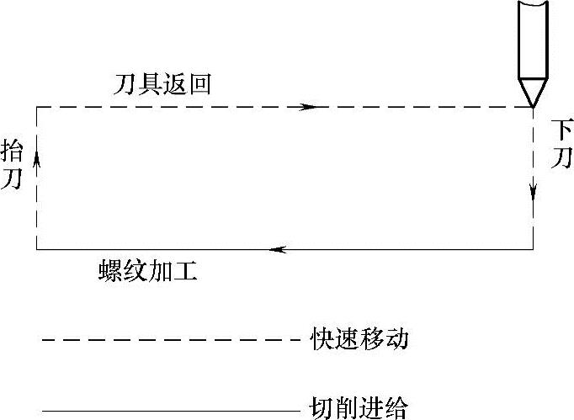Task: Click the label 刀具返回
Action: coord(162,85)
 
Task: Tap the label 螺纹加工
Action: coord(147,273)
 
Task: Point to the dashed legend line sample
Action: coord(168,341)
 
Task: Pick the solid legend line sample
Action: coord(168,411)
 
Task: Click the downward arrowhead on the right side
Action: coord(533,191)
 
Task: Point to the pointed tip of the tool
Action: coord(533,104)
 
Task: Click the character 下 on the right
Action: coord(561,130)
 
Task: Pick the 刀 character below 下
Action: coord(561,158)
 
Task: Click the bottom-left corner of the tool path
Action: coord(37,249)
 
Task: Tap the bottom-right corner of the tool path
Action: coord(533,249)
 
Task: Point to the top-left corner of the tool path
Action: coord(37,107)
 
